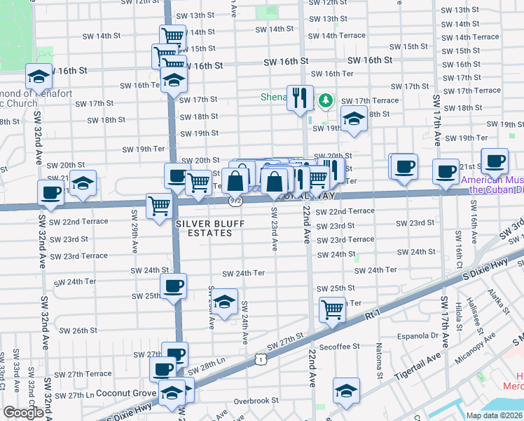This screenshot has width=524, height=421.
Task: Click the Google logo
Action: (23, 413)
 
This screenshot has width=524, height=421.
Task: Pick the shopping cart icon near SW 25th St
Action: (332, 309)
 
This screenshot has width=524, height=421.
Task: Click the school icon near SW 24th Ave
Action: (224, 302)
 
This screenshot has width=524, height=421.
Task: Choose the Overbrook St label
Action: (256, 401)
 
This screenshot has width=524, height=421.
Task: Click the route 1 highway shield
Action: (260, 359)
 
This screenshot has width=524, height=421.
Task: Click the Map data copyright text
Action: (495, 415)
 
